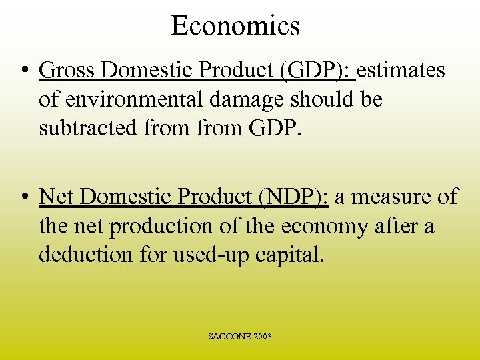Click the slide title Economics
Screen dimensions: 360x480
tap(235, 26)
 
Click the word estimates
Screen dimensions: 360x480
tap(403, 71)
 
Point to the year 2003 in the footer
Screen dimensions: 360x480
tap(262, 337)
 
